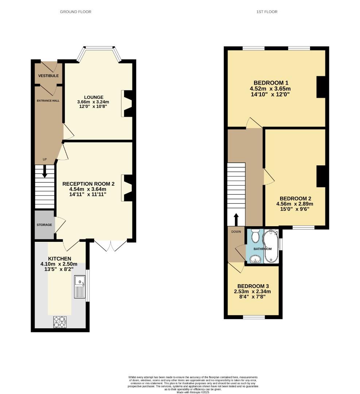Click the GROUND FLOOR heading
pos(76,12)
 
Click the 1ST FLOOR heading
pos(266,12)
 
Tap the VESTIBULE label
pos(49,76)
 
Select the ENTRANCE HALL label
pos(48,100)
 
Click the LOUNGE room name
pos(94,97)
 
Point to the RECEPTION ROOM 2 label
pos(88,184)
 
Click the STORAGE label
pos(44,225)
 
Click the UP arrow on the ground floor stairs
pos(45,171)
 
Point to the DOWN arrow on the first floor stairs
pos(236,220)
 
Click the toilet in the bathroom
pos(255,236)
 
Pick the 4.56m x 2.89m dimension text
pos(295,204)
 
